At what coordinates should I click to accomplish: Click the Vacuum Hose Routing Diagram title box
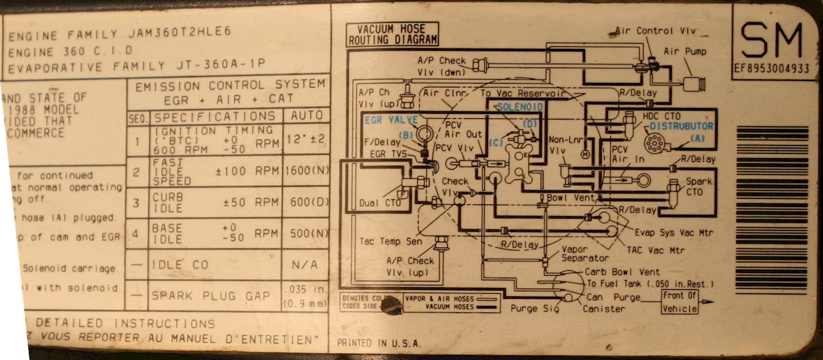(392, 35)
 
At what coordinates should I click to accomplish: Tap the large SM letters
(772, 40)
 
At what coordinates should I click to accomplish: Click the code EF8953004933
(772, 68)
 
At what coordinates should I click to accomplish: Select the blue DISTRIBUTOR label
(681, 126)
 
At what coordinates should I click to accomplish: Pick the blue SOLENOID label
(520, 106)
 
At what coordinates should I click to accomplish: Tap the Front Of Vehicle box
(680, 302)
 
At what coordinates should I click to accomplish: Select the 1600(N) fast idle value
(305, 171)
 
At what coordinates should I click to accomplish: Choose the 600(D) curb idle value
(305, 202)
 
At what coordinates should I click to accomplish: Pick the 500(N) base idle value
(305, 233)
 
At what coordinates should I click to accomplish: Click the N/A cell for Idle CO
(305, 264)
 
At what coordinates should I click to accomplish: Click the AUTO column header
(305, 116)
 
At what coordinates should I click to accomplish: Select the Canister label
(604, 309)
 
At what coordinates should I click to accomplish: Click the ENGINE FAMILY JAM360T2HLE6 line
(120, 35)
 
